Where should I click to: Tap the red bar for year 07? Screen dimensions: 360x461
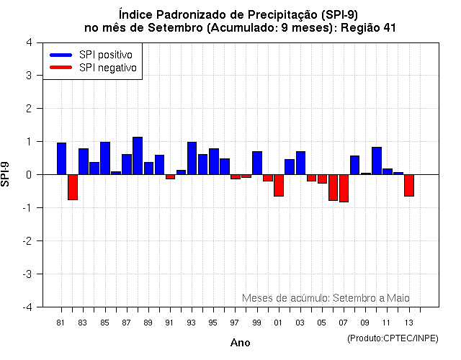[344, 188]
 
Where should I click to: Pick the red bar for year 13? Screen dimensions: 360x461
[409, 185]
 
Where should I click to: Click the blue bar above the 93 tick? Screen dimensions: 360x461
[192, 158]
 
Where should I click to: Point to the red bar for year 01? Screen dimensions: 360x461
[279, 185]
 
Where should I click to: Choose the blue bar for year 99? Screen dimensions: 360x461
[257, 163]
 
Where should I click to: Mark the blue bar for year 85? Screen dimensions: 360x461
[105, 158]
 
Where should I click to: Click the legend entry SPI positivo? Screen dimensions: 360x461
[94, 55]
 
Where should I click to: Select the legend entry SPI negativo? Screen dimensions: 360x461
[94, 67]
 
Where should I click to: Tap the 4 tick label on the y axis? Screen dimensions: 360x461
[28, 42]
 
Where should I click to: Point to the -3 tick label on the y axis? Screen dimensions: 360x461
[27, 274]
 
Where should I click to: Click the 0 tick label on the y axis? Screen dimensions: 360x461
[28, 175]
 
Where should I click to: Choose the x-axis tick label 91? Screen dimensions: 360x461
[170, 322]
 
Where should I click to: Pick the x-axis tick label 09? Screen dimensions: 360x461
[365, 322]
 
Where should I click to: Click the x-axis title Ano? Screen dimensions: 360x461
[240, 343]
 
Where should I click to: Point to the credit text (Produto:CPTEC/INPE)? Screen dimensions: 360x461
[392, 338]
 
